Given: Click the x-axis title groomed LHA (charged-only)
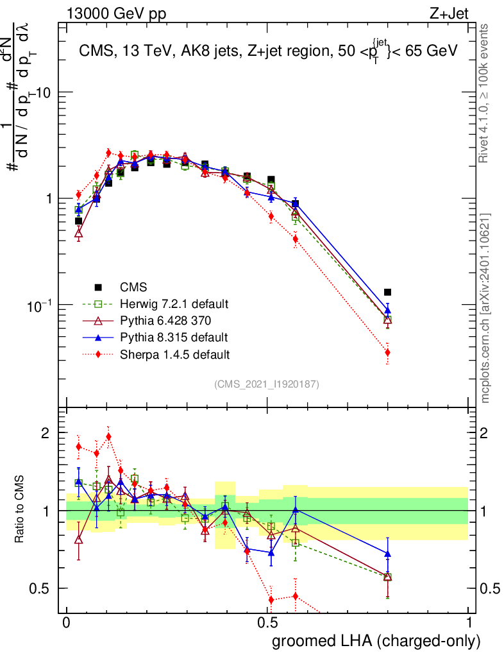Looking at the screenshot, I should [x=376, y=641].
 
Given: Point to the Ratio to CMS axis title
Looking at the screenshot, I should [x=21, y=511].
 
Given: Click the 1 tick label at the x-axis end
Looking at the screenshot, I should [x=469, y=623].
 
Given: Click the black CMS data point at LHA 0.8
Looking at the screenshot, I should [x=387, y=292].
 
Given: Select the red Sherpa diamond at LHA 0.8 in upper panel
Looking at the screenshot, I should [x=387, y=352].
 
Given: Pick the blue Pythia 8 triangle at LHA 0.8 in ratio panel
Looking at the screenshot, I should [x=387, y=553].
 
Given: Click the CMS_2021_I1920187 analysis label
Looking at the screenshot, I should [x=267, y=384].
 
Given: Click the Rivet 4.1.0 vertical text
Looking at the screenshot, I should [x=486, y=93].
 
